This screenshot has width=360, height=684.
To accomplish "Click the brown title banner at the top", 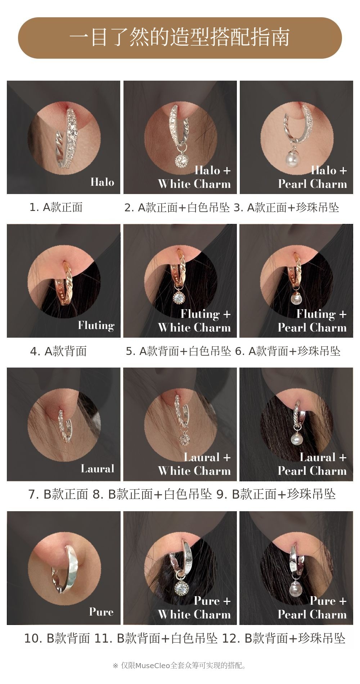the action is tap(180, 38).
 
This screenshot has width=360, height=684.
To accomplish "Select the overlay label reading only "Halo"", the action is tap(102, 182).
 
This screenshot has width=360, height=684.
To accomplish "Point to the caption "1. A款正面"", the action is tap(56, 207).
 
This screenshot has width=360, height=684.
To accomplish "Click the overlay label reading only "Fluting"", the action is tap(96, 325).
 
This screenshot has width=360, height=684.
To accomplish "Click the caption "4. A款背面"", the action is tap(58, 351).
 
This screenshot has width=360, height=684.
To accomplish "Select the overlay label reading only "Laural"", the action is tap(98, 468).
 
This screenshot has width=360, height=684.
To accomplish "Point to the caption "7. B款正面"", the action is tap(58, 494).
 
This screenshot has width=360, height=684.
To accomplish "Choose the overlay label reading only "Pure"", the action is tap(102, 612).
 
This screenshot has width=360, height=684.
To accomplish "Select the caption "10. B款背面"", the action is tap(57, 638).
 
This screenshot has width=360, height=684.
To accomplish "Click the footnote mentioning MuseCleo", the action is tap(180, 665).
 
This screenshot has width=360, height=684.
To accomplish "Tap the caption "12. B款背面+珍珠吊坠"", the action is tap(284, 638).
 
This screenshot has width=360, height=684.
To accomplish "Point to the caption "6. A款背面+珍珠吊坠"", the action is tap(288, 351).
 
